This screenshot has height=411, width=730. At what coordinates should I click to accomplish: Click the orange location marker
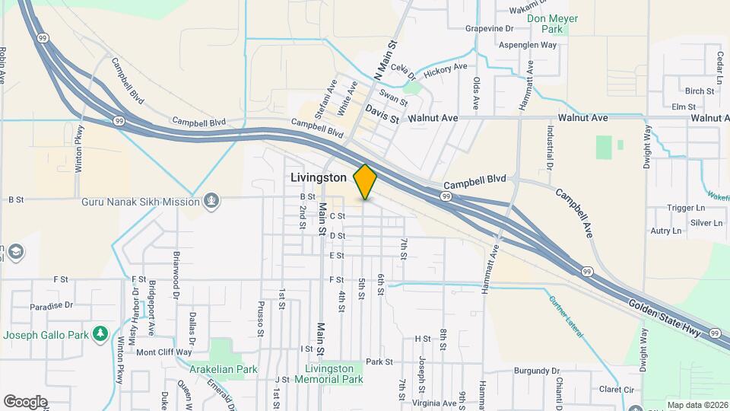pyautogui.click(x=365, y=181)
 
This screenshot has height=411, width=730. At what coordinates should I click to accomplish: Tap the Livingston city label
pyautogui.click(x=319, y=177)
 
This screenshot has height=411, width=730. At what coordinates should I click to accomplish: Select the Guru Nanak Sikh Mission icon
pyautogui.click(x=211, y=201)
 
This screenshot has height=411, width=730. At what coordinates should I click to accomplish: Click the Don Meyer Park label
pyautogui.click(x=553, y=24)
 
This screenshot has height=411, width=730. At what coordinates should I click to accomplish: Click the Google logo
pyautogui.click(x=25, y=401)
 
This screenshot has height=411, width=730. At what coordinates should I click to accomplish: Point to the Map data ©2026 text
pyautogui.click(x=697, y=405)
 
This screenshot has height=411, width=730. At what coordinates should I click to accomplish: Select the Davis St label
pyautogui.click(x=382, y=115)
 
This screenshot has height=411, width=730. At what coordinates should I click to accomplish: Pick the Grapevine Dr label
pyautogui.click(x=490, y=29)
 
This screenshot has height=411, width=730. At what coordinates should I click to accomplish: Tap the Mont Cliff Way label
pyautogui.click(x=164, y=352)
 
